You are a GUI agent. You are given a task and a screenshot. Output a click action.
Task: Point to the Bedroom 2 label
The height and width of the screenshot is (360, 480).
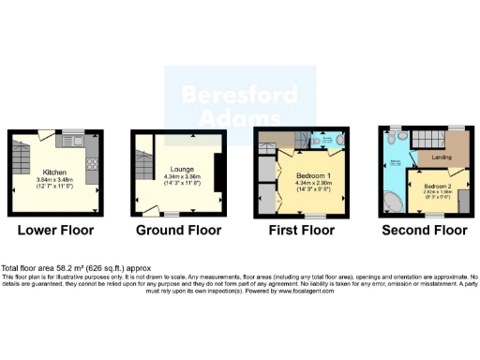(x=437, y=187)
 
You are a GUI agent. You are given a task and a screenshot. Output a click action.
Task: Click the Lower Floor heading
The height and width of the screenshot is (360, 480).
(x=53, y=231)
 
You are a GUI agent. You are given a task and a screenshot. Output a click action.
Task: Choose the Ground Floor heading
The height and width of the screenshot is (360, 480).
(x=179, y=231)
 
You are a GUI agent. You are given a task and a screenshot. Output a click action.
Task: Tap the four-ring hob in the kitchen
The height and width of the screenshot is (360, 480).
(x=93, y=167)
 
